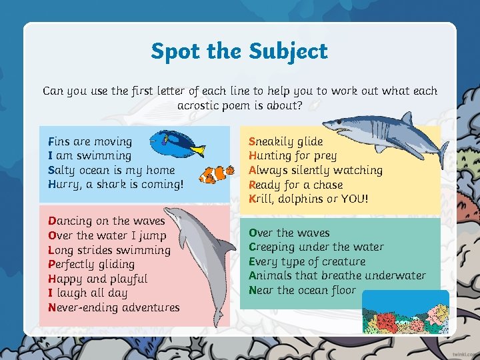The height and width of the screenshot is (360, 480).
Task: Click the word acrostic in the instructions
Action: [202, 105]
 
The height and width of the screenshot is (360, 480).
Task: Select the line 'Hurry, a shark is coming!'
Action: [115, 185]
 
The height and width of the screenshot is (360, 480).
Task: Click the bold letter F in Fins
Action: [51, 141]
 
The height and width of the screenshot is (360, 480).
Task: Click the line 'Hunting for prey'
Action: [293, 156]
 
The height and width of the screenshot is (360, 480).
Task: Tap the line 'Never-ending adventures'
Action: [114, 307]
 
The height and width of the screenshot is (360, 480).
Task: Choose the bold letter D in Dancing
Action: [52, 221]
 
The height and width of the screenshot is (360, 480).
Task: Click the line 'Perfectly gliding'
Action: [91, 264]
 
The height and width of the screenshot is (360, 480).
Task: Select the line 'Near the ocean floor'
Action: [302, 290]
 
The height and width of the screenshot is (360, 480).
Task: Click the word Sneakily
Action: [271, 141]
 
